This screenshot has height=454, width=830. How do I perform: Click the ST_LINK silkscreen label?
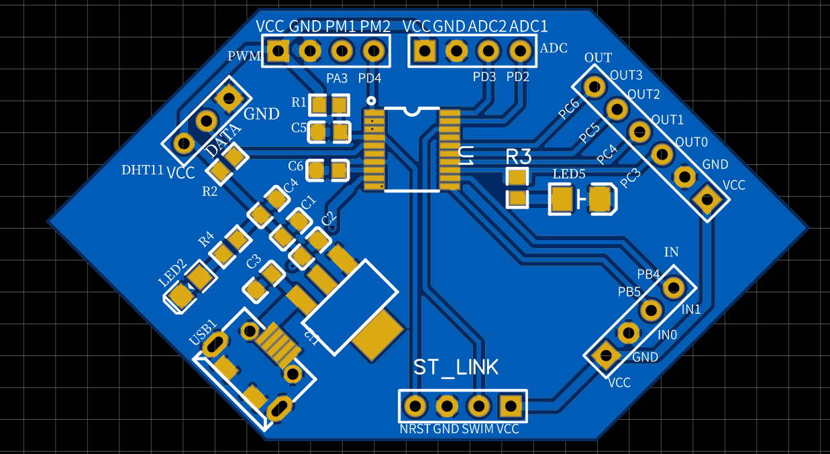[456, 367]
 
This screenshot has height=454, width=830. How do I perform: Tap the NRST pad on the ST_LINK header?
[415, 406]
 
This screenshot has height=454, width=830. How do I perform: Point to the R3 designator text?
[518, 157]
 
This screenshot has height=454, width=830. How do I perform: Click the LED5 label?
[569, 174]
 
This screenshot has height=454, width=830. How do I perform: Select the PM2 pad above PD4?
[373, 50]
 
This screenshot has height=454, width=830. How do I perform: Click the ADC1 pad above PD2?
[519, 50]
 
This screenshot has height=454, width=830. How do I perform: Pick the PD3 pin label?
[484, 76]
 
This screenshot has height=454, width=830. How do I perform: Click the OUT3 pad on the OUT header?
[594, 86]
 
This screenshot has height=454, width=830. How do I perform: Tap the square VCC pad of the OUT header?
[707, 199]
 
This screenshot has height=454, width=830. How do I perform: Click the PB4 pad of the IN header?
[673, 288]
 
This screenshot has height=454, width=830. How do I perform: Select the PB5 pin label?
[629, 292]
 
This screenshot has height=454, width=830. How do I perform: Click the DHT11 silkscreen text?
[142, 170]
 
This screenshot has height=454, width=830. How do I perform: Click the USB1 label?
[203, 333]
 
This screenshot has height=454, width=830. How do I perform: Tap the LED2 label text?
[172, 274]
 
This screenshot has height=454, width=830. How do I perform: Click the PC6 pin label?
[570, 109]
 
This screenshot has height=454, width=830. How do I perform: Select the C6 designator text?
[295, 166]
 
